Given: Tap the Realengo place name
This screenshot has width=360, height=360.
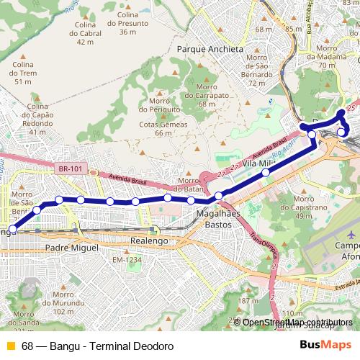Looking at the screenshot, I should (x=149, y=240).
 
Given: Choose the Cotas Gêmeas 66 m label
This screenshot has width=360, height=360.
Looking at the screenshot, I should (x=163, y=128).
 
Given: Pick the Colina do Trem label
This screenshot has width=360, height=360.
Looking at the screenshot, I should (x=24, y=73).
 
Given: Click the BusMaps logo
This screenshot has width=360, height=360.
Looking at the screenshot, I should (x=325, y=346).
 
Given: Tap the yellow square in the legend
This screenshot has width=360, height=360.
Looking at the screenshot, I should (x=10, y=346).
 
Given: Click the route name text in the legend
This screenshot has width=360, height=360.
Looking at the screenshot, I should (x=97, y=346).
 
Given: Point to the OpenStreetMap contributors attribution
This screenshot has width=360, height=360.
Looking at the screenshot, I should (x=297, y=322).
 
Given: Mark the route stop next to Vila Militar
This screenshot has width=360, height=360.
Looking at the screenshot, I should (x=266, y=172).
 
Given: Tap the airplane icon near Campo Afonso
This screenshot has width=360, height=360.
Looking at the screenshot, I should (x=351, y=235).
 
